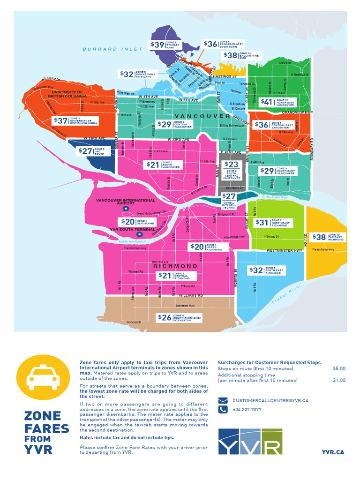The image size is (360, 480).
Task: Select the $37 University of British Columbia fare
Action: coord(75,120)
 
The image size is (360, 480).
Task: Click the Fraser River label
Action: coord(285,298)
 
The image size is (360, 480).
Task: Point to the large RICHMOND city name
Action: coord(175,266)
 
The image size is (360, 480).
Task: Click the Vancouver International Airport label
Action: coord(115,202)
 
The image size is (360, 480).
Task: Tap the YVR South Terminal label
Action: coord(132,230)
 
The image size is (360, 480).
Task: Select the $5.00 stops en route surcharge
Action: coord(338,369)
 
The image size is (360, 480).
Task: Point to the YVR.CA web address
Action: coord(333,452)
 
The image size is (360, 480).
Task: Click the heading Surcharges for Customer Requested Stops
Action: coord(269,362)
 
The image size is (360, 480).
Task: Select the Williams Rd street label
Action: coord(191,296)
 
